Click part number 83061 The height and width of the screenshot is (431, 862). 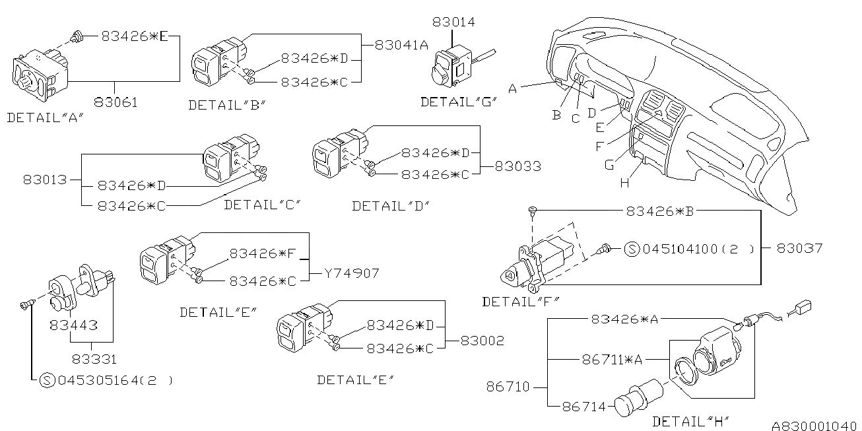(x=116, y=102)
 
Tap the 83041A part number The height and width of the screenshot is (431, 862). (x=401, y=45)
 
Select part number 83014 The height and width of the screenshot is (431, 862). (x=453, y=22)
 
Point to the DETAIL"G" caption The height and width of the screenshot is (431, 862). (x=459, y=102)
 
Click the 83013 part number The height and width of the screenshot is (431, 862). (x=45, y=180)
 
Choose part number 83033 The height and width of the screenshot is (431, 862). (x=518, y=166)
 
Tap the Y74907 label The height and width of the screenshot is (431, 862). (x=352, y=273)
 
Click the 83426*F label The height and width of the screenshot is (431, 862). (x=263, y=253)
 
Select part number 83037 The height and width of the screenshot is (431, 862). (x=799, y=248)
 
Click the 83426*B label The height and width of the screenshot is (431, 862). (x=660, y=211)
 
